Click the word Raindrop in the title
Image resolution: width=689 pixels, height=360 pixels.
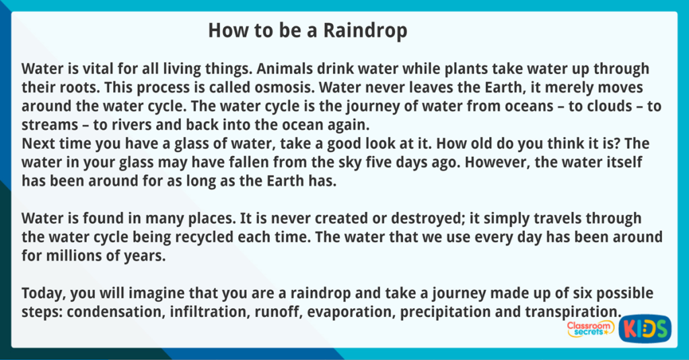click(365, 31)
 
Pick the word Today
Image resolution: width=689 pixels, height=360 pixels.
click(44, 293)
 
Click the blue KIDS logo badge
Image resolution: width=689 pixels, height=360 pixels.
click(645, 328)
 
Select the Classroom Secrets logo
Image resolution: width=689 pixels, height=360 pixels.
click(590, 329)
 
